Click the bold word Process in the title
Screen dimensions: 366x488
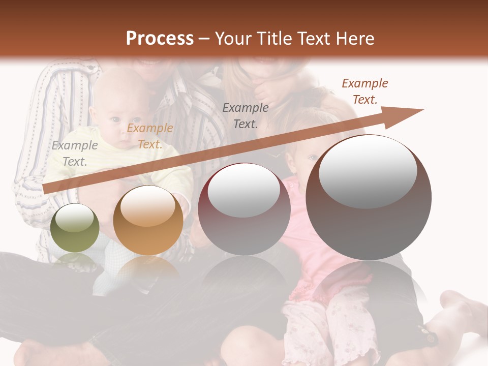point(160,38)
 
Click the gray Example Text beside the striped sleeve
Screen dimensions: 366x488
point(75,154)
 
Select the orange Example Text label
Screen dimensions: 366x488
point(150,136)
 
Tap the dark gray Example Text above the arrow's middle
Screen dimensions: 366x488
point(246,115)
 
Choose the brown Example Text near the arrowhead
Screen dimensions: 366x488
point(365,91)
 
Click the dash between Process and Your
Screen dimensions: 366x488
point(204,38)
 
